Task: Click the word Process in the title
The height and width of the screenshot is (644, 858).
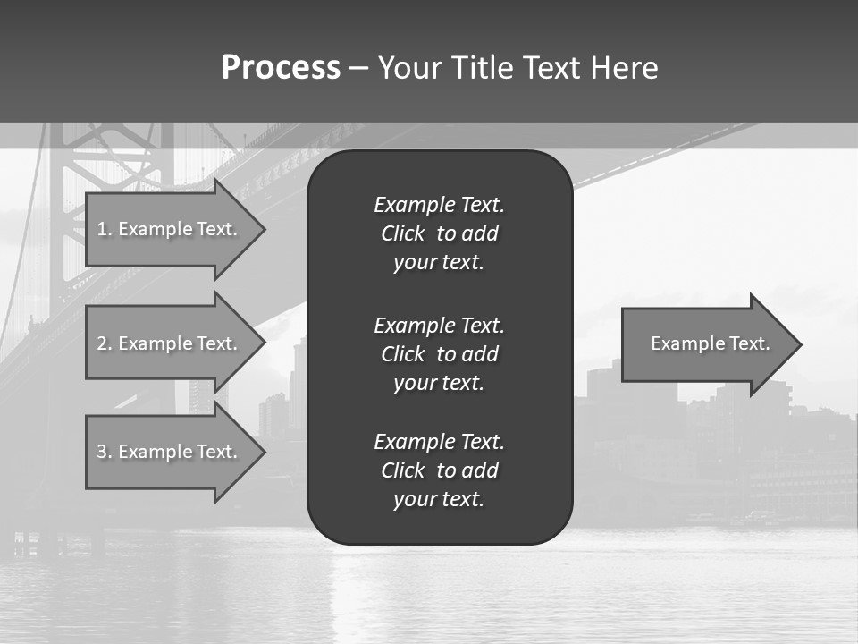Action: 281,68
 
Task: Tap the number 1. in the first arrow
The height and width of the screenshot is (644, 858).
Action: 104,229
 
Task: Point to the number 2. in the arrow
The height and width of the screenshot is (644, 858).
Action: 104,343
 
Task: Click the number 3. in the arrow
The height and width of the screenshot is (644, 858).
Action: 104,452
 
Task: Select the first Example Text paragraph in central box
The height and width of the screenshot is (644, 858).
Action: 439,233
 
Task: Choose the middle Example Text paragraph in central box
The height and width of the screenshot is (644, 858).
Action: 439,354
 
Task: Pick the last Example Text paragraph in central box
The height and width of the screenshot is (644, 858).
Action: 439,470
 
